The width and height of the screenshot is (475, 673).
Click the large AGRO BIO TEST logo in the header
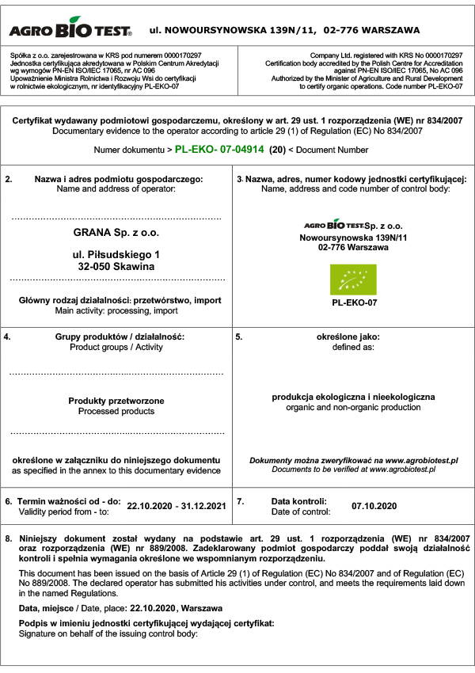[x=70, y=30]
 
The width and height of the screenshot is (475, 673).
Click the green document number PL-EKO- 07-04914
[x=219, y=149]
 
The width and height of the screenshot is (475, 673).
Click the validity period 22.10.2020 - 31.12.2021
[x=177, y=505]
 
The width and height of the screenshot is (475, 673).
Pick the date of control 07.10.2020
[x=374, y=505]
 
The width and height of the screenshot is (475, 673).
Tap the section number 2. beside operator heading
[x=9, y=180]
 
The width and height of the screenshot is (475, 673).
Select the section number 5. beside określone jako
[x=240, y=336]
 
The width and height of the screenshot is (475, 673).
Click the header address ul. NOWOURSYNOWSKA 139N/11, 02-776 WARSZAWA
[x=284, y=31]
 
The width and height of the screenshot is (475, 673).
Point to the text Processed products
[x=116, y=412]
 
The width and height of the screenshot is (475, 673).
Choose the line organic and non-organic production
[x=354, y=407]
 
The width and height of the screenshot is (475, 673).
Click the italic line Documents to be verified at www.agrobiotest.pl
[x=354, y=470]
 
